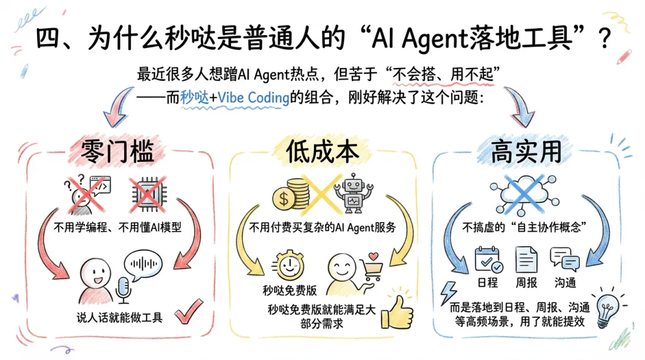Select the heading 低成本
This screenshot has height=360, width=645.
(x=322, y=152)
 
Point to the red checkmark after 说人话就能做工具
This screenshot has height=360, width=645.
(x=191, y=312)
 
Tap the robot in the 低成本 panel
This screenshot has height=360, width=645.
(x=353, y=193)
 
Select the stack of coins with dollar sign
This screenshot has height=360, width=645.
(x=291, y=195)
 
